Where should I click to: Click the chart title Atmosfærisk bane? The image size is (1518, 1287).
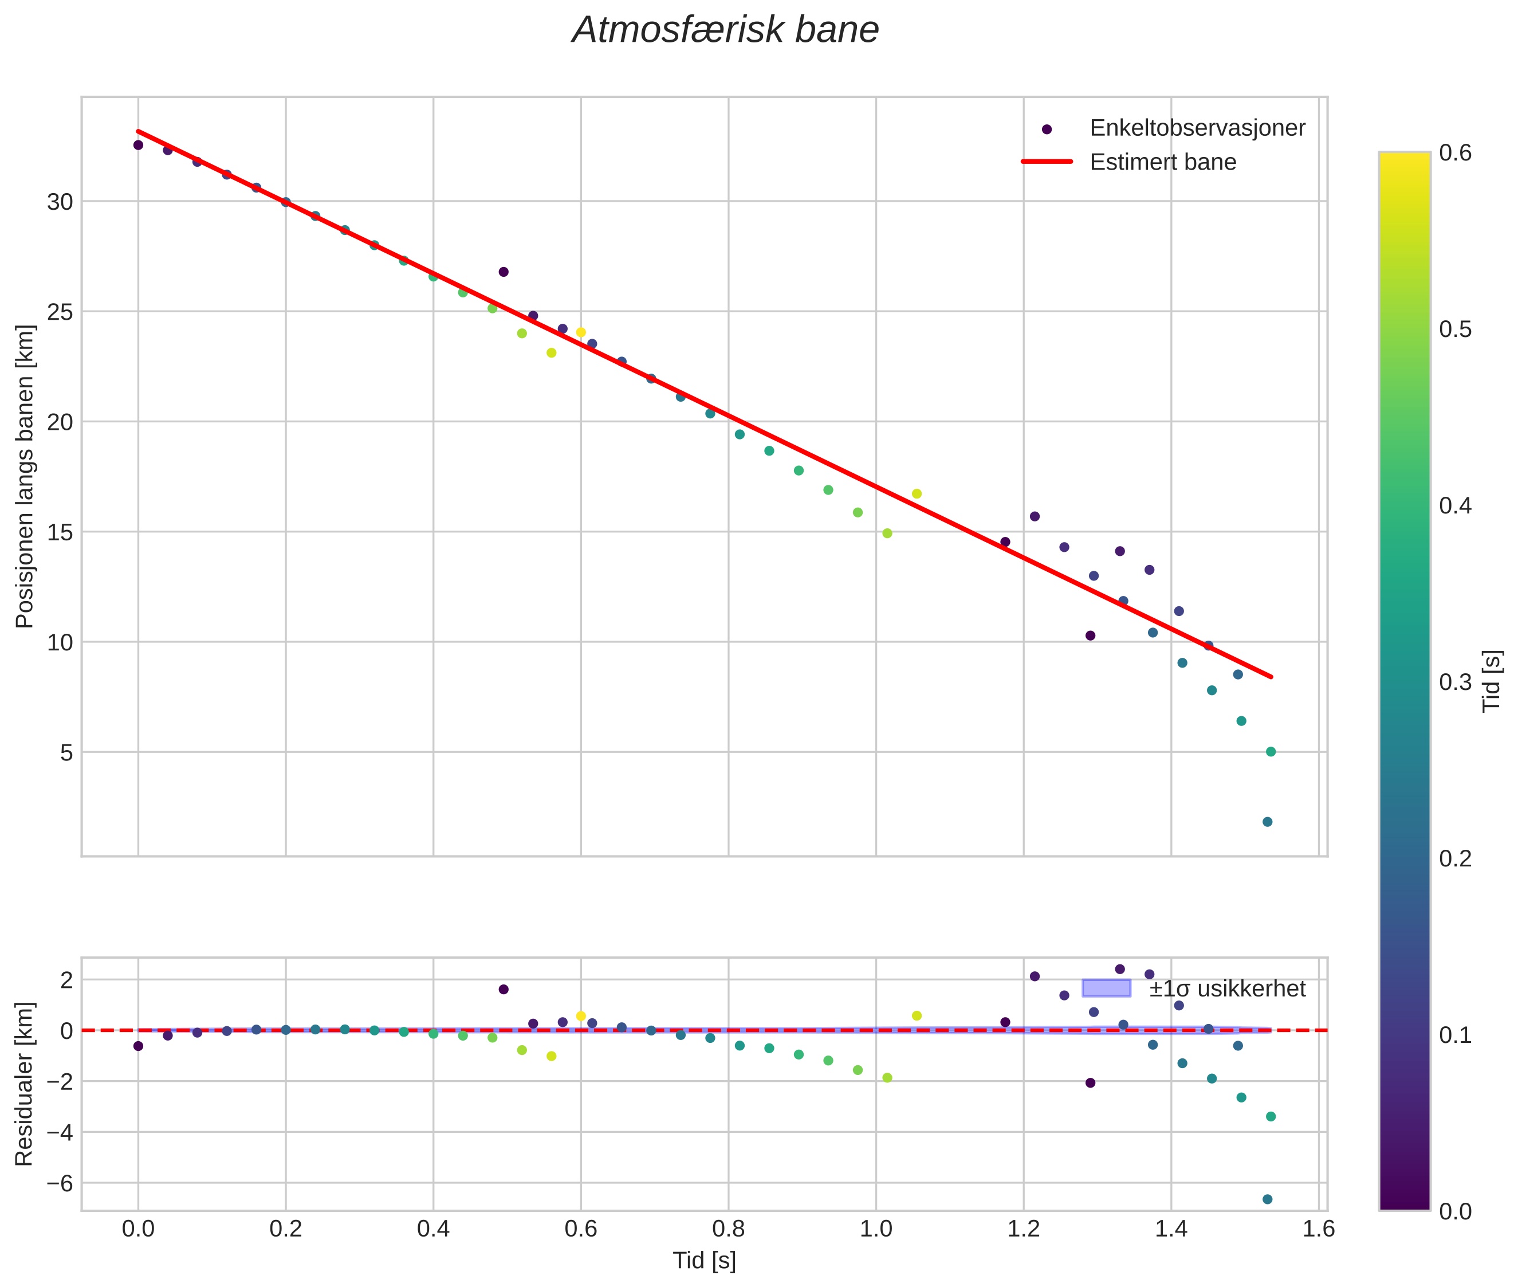point(725,30)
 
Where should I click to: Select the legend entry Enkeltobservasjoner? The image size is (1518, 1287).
point(1196,128)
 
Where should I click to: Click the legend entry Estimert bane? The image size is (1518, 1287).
point(1162,162)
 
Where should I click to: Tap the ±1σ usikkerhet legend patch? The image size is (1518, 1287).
point(1106,988)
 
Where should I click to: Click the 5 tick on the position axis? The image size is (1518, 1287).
point(66,752)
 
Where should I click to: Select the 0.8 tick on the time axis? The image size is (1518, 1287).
point(727,1229)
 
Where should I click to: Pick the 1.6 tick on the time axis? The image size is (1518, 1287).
point(1318,1229)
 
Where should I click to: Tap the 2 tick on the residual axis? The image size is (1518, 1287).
point(66,980)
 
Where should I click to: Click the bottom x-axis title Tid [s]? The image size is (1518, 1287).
point(704,1261)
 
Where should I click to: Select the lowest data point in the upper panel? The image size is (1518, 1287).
point(1267,822)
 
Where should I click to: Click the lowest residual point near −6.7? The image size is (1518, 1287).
point(1267,1199)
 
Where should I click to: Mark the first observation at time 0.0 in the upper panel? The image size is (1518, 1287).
point(138,145)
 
